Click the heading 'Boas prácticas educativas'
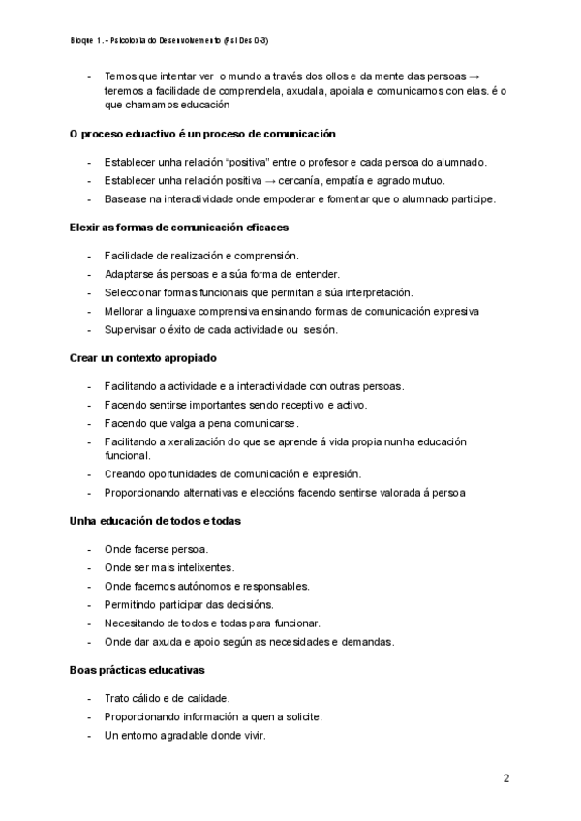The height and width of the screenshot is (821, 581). (x=138, y=669)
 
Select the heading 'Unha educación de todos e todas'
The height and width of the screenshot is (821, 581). (x=156, y=521)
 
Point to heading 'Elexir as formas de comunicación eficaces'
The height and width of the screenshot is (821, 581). (x=179, y=227)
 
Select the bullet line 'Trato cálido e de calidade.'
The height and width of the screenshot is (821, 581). (x=167, y=697)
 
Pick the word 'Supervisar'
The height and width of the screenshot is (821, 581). (x=131, y=329)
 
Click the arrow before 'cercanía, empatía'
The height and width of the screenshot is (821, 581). (x=299, y=180)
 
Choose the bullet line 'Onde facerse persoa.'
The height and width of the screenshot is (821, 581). (x=156, y=549)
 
